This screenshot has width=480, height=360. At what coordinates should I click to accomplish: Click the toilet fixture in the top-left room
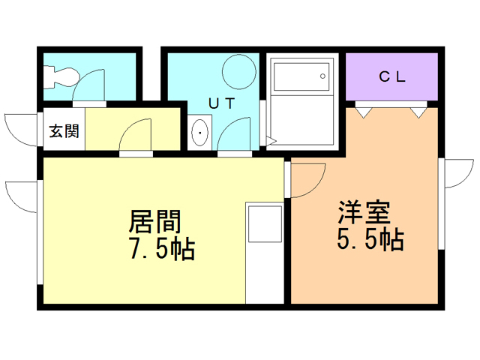(x=60, y=76)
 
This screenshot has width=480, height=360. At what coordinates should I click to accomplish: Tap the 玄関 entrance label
(x=64, y=132)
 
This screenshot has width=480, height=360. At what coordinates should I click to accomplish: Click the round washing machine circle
(x=239, y=70)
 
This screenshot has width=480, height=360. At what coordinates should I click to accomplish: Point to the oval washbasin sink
(x=201, y=135)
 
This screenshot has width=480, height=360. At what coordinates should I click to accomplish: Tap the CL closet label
(x=391, y=76)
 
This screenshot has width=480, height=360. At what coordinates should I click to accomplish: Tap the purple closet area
(x=391, y=76)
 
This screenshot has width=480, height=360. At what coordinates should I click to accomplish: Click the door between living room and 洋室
(x=304, y=180)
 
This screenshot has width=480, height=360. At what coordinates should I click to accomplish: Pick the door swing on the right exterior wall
(x=453, y=174)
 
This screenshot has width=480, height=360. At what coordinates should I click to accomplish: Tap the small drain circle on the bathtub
(x=323, y=74)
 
